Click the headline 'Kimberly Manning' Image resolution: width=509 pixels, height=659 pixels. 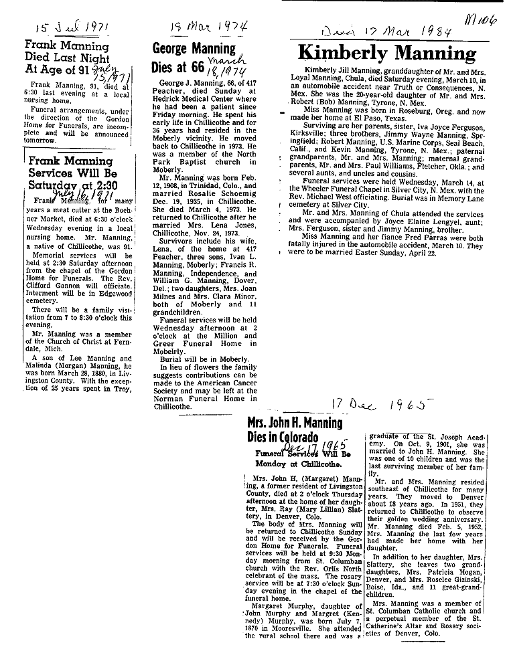pyautogui.click(x=386, y=52)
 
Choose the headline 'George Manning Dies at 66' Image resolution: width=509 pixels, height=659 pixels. pyautogui.click(x=194, y=58)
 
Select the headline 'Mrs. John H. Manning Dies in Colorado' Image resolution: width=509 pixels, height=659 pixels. pyautogui.click(x=295, y=432)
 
